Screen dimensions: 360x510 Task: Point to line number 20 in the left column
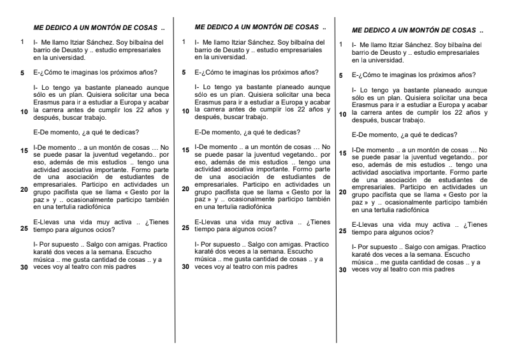point(24,189)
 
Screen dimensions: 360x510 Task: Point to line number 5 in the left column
point(24,72)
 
